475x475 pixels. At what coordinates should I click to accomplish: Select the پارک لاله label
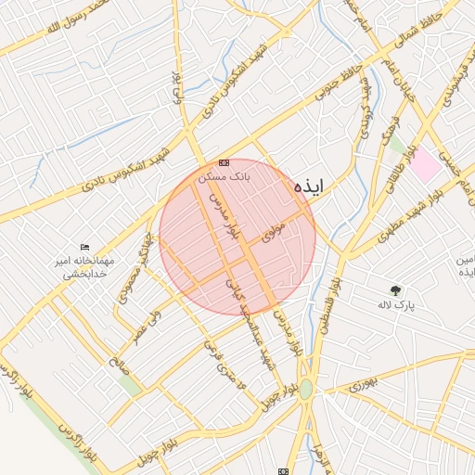(396, 303)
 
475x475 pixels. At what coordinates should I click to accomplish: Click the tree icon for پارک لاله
(396, 289)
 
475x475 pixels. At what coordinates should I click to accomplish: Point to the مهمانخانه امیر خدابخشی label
(84, 267)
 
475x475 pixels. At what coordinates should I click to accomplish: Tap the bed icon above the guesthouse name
(85, 247)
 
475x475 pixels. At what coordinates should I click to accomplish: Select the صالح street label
(118, 364)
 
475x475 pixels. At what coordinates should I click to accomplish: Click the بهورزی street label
(366, 383)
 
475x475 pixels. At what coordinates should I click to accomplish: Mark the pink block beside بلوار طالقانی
(426, 164)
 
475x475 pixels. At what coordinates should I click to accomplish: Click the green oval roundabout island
(305, 390)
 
